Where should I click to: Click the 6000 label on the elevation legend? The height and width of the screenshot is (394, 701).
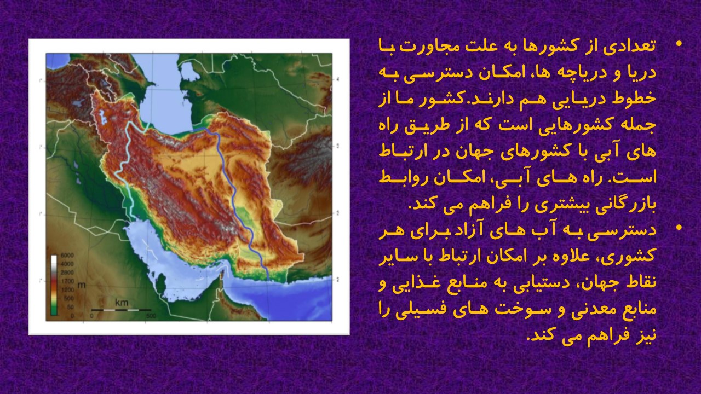pos(67,256)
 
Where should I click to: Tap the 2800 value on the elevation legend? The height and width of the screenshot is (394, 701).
pos(67,273)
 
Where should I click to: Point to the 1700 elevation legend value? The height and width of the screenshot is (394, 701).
pos(67,281)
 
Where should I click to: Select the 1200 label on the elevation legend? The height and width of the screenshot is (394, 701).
pos(67,290)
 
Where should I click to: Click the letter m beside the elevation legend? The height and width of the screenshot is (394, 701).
pos(82,285)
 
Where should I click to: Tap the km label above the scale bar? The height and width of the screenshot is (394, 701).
pos(122,303)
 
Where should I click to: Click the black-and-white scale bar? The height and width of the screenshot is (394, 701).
pos(121,310)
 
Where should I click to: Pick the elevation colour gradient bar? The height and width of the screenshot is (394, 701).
pos(54,285)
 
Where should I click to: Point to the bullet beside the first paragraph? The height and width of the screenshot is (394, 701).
pos(679,44)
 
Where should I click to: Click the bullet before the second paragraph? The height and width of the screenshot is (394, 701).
pos(679,228)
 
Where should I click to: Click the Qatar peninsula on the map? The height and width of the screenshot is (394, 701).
pos(161,283)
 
